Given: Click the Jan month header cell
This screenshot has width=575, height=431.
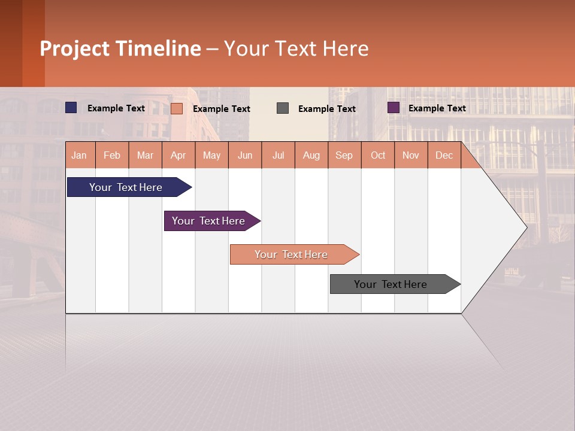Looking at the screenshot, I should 80,155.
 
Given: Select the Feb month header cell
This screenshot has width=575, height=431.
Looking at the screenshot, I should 112,155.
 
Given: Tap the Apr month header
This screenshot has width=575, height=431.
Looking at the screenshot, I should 178,155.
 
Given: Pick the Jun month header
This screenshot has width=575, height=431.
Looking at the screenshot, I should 245,155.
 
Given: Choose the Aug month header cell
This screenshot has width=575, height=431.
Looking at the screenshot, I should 311,155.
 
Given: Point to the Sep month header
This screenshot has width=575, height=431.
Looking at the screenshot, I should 344,155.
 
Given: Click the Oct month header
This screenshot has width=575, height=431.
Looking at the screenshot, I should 378,155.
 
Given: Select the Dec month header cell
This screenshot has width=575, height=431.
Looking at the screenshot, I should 444,155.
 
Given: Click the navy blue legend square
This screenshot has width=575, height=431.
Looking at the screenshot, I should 71,108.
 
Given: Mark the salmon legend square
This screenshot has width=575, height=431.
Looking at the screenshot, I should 177,108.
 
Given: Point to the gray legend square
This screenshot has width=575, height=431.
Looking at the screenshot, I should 283,108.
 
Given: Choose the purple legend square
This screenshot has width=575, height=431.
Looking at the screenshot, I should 394,108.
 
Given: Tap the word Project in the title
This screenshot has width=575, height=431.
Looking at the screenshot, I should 75,48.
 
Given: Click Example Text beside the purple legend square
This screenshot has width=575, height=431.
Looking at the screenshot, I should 437,108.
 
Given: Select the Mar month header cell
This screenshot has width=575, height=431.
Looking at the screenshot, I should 145,155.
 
